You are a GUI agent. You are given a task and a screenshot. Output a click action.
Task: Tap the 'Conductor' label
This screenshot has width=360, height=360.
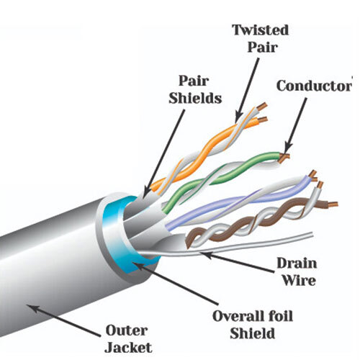tap(314, 86)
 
